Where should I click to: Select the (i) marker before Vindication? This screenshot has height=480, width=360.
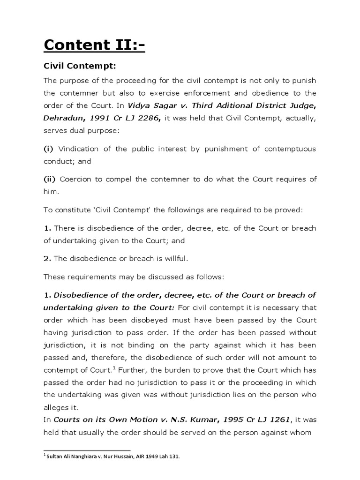[48, 149]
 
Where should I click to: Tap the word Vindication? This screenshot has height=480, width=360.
[77, 149]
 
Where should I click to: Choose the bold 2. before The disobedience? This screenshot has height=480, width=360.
[47, 258]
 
